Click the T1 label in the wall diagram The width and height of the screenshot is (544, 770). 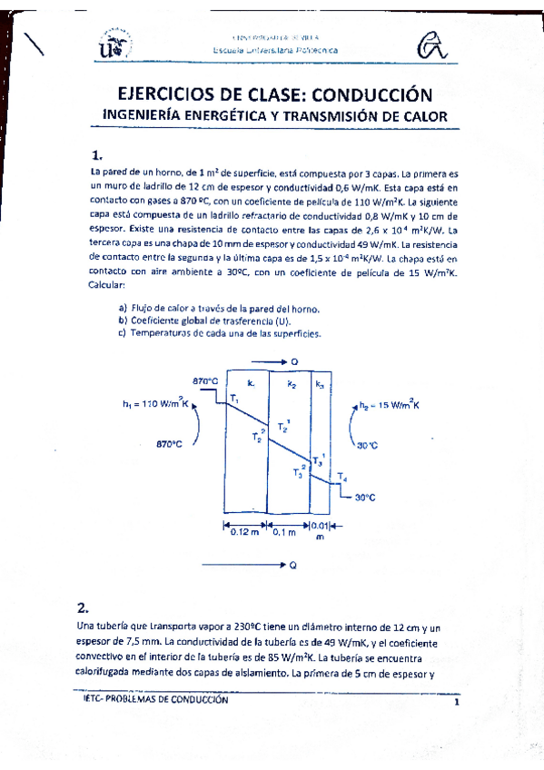click(x=234, y=400)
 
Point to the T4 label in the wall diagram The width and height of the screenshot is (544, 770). click(x=341, y=477)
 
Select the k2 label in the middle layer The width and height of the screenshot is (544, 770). click(x=292, y=385)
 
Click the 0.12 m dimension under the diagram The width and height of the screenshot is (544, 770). click(x=242, y=532)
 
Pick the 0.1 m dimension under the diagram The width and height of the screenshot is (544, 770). click(x=284, y=532)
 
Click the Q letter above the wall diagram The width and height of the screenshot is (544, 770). click(x=294, y=361)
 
